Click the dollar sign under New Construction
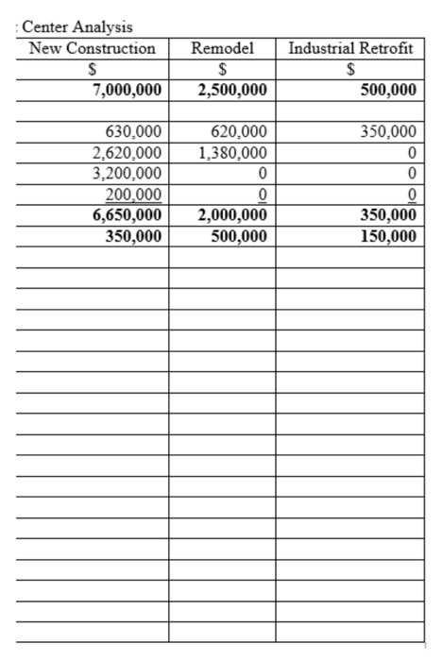pyautogui.click(x=92, y=69)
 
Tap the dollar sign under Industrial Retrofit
pyautogui.click(x=350, y=69)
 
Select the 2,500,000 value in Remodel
pyautogui.click(x=232, y=90)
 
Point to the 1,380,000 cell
pyautogui.click(x=232, y=152)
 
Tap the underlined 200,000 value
pyautogui.click(x=131, y=195)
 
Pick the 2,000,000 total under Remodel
pyautogui.click(x=232, y=215)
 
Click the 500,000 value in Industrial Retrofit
pyautogui.click(x=388, y=90)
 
